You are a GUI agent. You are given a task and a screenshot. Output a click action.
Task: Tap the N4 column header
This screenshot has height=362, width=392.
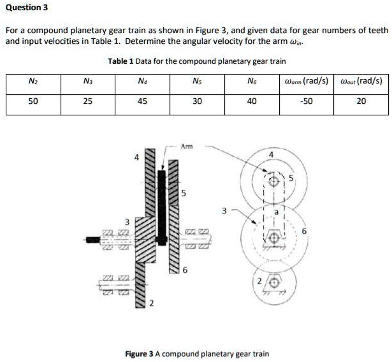(x=142, y=81)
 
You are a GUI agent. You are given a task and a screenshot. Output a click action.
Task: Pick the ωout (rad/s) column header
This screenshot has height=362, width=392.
(x=361, y=81)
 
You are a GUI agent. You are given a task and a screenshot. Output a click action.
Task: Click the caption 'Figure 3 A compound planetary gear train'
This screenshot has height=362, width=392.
(x=197, y=354)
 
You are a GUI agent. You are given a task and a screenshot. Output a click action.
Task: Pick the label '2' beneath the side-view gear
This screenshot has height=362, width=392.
(x=151, y=303)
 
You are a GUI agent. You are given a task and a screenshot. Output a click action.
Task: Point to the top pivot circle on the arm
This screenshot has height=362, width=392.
(x=275, y=181)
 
